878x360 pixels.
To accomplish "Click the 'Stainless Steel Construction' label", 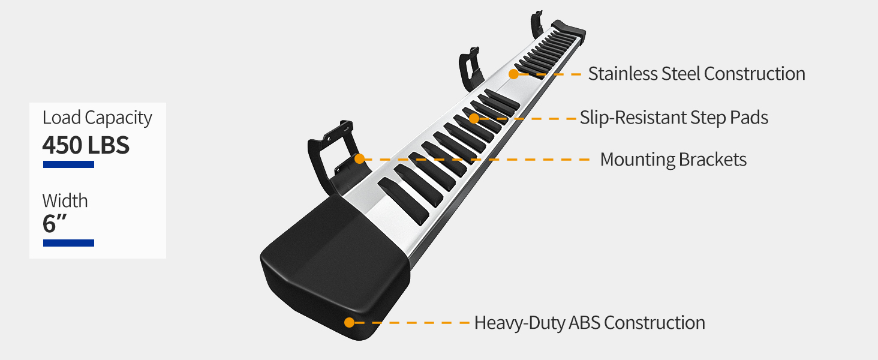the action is point(696,74).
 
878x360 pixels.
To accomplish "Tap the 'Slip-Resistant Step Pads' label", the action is point(673,117).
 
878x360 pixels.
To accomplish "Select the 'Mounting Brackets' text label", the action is point(673,160).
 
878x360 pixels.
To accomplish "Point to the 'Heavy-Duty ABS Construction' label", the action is point(589,323).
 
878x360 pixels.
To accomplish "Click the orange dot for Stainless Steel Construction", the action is point(513,74).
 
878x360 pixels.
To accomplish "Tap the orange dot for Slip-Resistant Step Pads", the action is point(474,118).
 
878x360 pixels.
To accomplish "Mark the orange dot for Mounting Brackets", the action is point(359,159).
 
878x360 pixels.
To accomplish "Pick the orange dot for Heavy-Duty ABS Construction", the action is point(349,322).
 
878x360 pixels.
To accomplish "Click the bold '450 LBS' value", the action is point(86,145).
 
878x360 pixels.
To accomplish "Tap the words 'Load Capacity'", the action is point(97,118).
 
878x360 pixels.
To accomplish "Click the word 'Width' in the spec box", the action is point(65,200).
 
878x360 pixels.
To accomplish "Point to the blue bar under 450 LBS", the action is point(68,164).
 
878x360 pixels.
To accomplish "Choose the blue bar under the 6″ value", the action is point(68,242).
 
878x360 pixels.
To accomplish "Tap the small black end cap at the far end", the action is point(568,28).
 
